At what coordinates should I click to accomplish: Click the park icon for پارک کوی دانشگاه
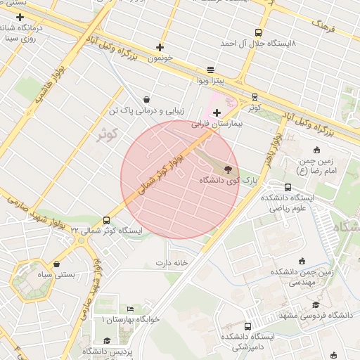[x=228, y=169]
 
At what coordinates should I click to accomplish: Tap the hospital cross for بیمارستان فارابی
[x=217, y=112]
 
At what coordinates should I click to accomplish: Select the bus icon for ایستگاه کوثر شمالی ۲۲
[x=106, y=220]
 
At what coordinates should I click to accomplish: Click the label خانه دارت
[x=173, y=263]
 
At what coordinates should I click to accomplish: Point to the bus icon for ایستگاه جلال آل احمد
[x=258, y=32]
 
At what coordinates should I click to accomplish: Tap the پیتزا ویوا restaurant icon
[x=211, y=71]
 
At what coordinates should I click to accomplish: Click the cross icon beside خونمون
[x=160, y=48]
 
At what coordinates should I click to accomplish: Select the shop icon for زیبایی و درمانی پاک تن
[x=146, y=100]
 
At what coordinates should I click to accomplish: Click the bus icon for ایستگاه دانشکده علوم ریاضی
[x=288, y=187]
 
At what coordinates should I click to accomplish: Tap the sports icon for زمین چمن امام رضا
[x=317, y=149]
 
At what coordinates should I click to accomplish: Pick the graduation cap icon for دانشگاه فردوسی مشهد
[x=316, y=304]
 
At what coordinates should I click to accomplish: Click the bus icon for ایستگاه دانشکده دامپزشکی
[x=247, y=326]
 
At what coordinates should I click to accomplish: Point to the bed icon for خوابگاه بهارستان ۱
[x=130, y=309]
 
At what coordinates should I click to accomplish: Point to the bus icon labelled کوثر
[x=255, y=97]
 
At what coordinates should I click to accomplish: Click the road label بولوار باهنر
[x=270, y=148]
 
